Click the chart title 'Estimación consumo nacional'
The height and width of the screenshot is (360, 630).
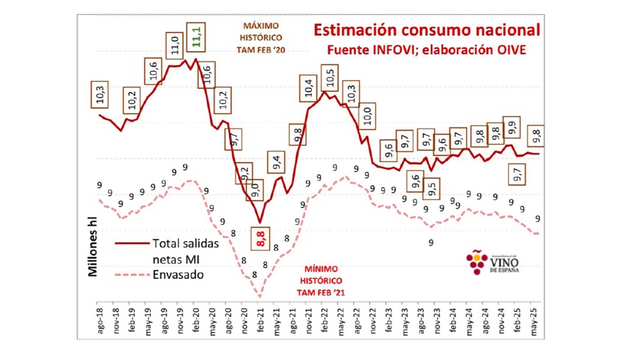click(426, 30)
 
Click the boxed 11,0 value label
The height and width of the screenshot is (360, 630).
click(175, 46)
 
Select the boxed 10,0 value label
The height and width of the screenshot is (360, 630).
click(367, 118)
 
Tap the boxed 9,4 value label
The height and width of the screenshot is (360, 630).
click(276, 163)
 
